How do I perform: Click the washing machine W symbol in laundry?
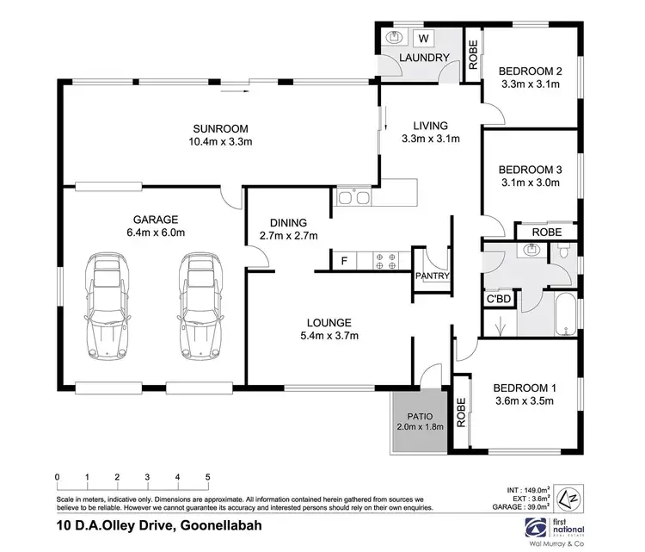(x=422, y=38)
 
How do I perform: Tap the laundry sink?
(x=396, y=38)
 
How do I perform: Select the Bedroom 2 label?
(x=531, y=71)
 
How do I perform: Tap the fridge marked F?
(x=344, y=258)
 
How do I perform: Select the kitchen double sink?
(x=353, y=199)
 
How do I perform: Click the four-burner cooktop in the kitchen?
(x=384, y=259)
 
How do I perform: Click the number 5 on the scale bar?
(x=207, y=475)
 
